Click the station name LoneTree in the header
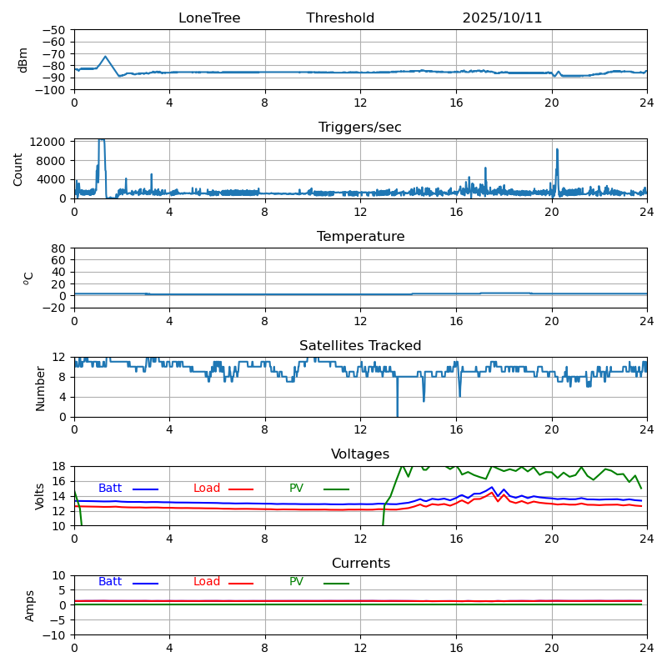[209, 18]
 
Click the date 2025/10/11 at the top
[502, 18]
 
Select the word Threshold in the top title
[340, 18]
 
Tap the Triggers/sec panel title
[360, 128]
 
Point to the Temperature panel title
[360, 237]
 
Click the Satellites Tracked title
[360, 346]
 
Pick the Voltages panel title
[360, 454]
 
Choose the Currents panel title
[360, 564]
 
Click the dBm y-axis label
[23, 59]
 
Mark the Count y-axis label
[18, 168]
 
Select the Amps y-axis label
[30, 605]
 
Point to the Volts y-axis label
[40, 496]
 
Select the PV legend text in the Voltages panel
[296, 489]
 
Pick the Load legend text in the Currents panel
[207, 582]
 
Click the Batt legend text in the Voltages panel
[110, 489]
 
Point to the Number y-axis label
[40, 387]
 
